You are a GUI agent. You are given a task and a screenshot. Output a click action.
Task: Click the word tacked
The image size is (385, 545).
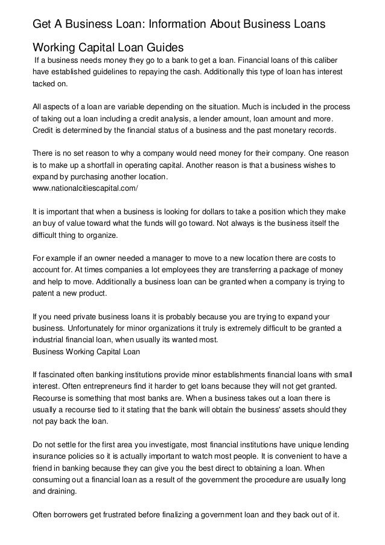(44, 85)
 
